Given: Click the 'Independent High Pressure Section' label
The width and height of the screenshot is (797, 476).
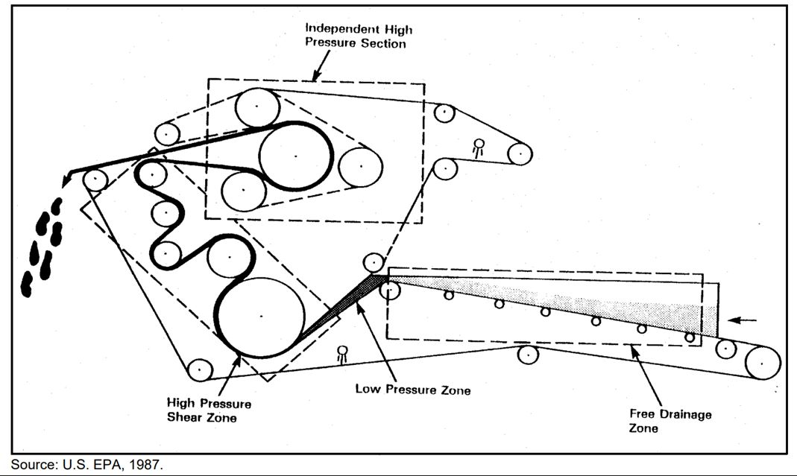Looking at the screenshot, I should (359, 37).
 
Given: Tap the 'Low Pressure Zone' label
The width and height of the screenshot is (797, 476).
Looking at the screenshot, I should (412, 389).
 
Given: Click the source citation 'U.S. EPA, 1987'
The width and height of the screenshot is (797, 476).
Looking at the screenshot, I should (86, 465).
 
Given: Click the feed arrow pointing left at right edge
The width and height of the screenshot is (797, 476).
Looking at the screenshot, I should (743, 320).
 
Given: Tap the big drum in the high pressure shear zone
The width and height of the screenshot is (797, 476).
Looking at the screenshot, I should (260, 316).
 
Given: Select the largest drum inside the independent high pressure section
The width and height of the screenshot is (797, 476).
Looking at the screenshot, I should (295, 156).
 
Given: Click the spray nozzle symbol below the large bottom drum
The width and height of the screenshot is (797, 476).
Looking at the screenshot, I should (342, 353).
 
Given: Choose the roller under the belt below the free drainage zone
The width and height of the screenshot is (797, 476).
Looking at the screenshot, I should (528, 355).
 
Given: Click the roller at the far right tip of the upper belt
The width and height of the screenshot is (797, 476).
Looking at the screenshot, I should (520, 153).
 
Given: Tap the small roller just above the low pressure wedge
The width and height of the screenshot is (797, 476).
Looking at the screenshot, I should (374, 262).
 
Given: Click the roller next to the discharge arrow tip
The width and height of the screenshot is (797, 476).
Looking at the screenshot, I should (95, 180).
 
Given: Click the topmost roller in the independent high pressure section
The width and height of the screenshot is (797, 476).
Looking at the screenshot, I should (258, 107).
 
